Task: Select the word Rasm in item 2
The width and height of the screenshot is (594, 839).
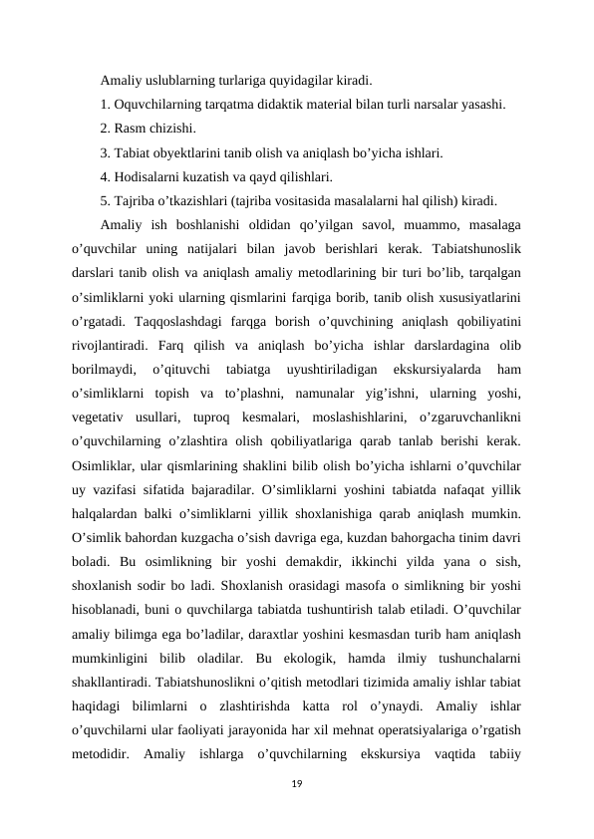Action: point(130,129)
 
